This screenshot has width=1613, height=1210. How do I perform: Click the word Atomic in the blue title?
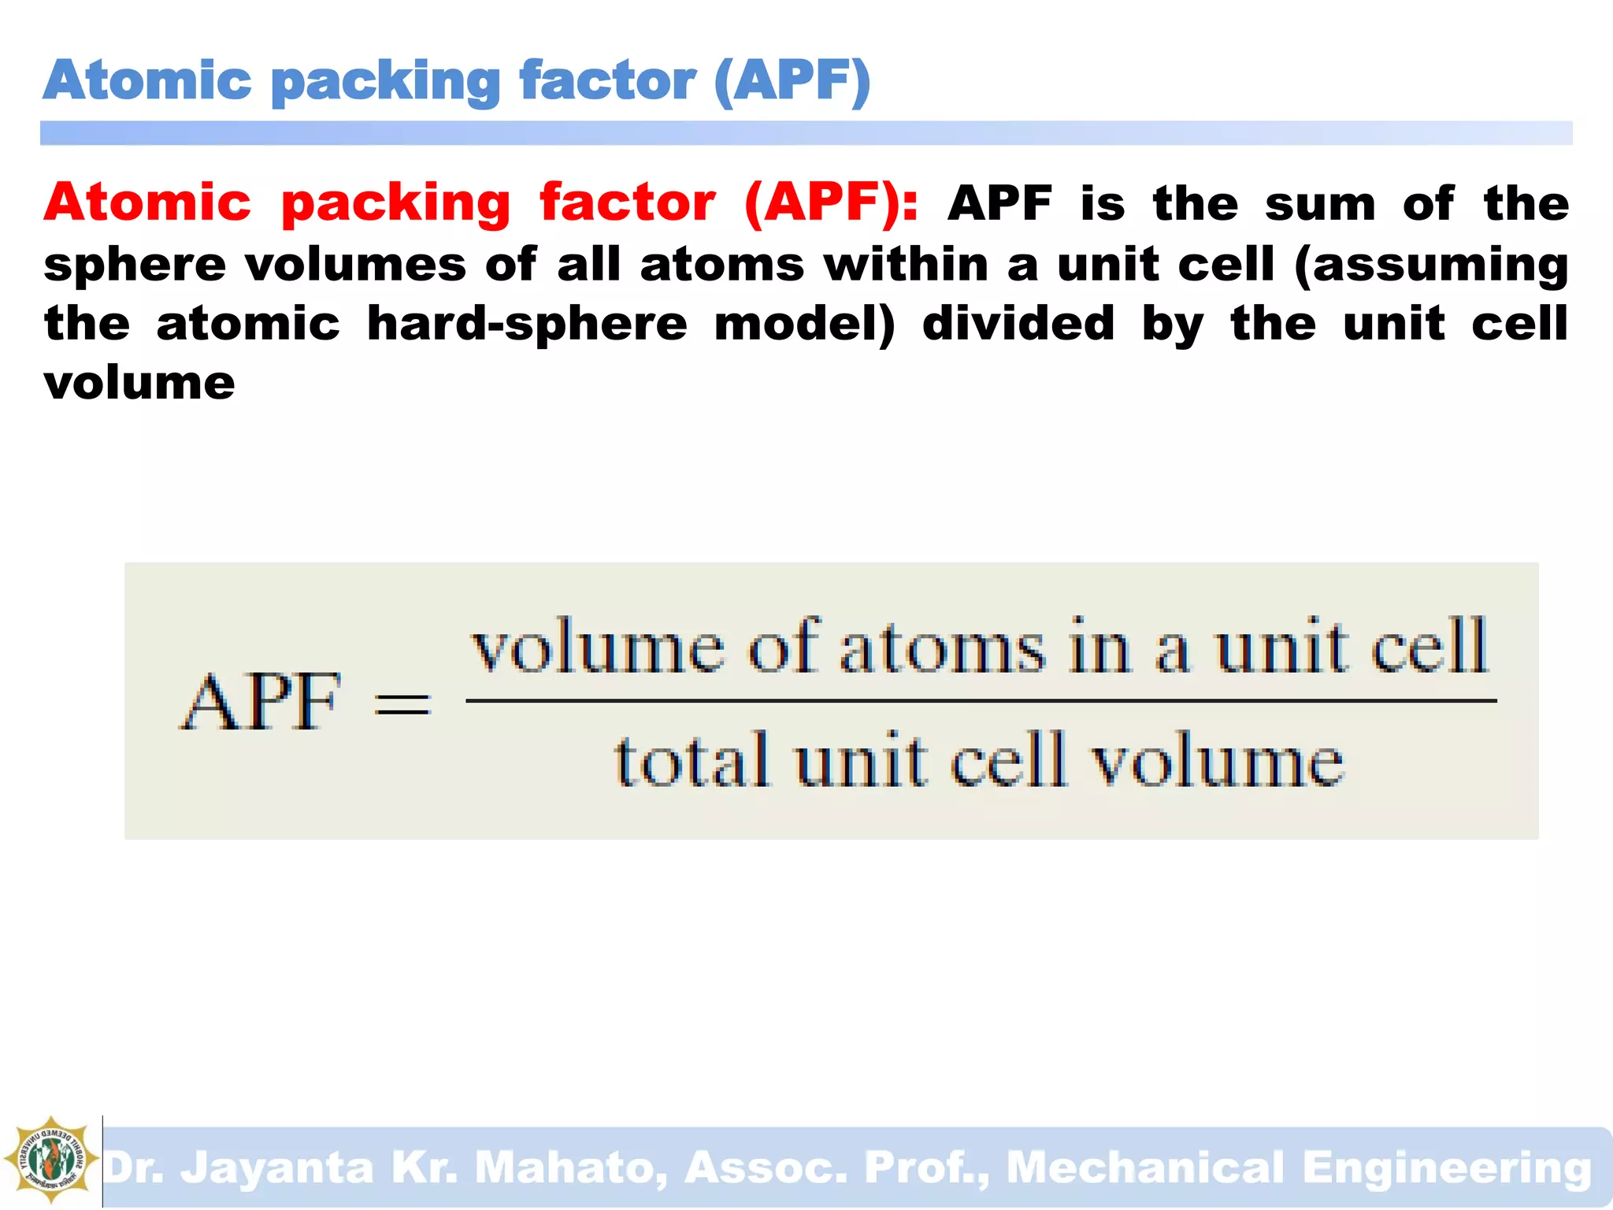pyautogui.click(x=148, y=81)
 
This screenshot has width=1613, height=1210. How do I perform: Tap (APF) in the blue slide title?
pyautogui.click(x=792, y=81)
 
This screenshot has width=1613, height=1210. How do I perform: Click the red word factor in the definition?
pyautogui.click(x=628, y=202)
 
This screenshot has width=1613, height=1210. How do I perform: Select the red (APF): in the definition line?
pyautogui.click(x=831, y=202)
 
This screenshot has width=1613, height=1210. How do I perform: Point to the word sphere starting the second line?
pyautogui.click(x=135, y=265)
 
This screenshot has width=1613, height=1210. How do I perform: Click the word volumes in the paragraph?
pyautogui.click(x=356, y=264)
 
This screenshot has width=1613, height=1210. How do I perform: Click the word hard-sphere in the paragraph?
pyautogui.click(x=527, y=325)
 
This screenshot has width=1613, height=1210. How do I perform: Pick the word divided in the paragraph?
pyautogui.click(x=1018, y=323)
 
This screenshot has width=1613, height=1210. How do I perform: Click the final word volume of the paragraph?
pyautogui.click(x=139, y=384)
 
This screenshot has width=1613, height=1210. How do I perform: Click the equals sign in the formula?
pyautogui.click(x=402, y=703)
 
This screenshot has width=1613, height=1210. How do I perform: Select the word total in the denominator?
pyautogui.click(x=692, y=760)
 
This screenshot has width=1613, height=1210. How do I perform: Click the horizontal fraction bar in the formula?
pyautogui.click(x=981, y=700)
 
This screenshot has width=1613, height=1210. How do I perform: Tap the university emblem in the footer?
pyautogui.click(x=50, y=1160)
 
